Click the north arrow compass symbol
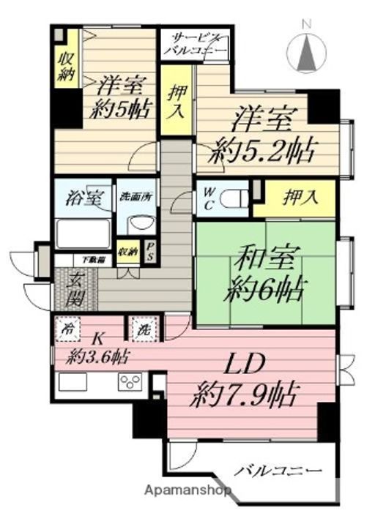(x=308, y=51)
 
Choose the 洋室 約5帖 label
(x=117, y=97)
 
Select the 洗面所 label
(x=137, y=196)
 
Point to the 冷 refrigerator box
(x=68, y=329)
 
